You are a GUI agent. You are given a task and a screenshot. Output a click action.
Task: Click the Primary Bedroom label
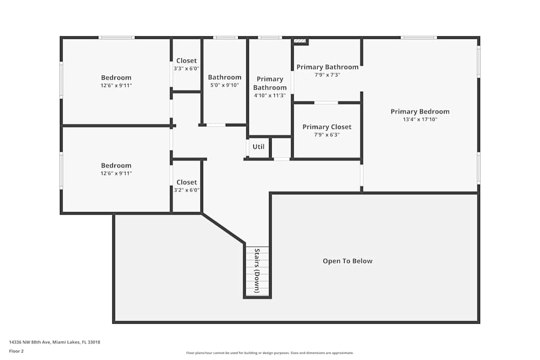coord(420,112)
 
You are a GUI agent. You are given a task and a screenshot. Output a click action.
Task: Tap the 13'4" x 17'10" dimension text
coord(420,120)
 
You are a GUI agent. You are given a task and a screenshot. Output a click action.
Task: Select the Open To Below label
coord(347,261)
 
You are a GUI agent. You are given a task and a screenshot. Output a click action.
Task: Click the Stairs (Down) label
coord(257,270)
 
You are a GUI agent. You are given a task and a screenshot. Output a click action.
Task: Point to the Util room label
coord(258,147)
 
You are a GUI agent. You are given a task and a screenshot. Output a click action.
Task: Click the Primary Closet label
coord(327,127)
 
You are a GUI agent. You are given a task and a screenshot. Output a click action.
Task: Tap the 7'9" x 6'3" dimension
coord(327,135)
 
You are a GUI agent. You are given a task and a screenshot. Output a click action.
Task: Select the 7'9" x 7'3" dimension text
coord(327,75)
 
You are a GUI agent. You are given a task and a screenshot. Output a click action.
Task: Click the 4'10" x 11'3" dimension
coord(269,96)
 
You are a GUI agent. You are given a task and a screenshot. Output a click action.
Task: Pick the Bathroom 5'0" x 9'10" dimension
coord(225,85)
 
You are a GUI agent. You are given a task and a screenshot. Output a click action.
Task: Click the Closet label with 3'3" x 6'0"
coord(186,60)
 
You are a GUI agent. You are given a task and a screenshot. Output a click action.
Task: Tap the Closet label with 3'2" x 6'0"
coord(186,182)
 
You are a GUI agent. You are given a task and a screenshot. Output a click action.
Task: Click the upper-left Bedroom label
coord(116,78)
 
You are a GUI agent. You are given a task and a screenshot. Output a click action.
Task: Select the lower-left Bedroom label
coord(116,166)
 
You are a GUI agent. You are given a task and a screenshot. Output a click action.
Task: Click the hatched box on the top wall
coord(300,41)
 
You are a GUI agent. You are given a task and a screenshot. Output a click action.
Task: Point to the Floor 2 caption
coord(16,351)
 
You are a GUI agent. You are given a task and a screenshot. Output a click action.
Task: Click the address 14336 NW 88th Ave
coord(55,342)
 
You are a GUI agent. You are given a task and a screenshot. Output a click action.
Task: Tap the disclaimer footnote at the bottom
coord(269,353)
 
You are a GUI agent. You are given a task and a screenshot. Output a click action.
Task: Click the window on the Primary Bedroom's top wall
coord(418,37)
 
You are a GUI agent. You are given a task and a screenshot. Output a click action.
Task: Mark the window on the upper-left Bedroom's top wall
coord(116,37)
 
